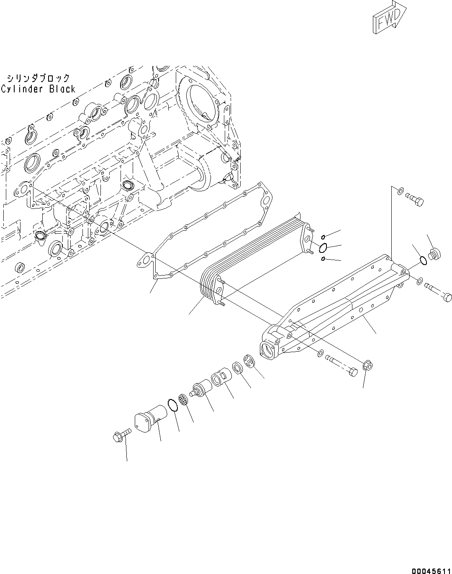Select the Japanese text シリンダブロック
38,78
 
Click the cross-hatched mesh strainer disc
183,399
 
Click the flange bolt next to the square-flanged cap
122,434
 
